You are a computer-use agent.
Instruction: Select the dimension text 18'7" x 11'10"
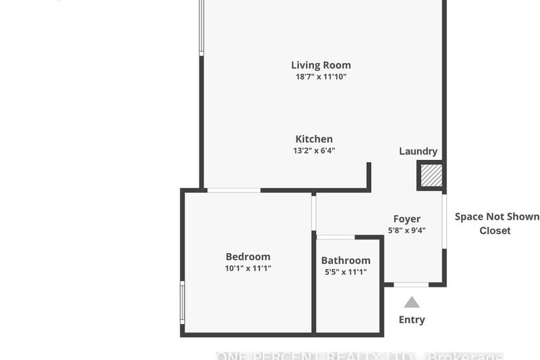pos(321,77)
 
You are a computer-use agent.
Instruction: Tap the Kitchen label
pos(314,139)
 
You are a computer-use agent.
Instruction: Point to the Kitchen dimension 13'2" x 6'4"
pos(314,150)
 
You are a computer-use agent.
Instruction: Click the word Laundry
pos(418,151)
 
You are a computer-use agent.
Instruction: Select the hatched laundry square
pos(431,175)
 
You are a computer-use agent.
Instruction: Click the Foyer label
pos(407,219)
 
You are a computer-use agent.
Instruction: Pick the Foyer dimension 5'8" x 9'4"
pos(407,230)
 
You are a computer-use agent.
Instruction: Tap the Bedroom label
pos(248,256)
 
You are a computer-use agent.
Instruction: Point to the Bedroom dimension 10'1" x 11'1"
pos(248,268)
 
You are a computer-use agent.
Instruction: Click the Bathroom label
pos(346,261)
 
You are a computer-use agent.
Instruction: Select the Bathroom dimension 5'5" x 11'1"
pos(346,272)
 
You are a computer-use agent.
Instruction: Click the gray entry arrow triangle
pos(412,302)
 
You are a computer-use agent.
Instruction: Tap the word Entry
pos(412,320)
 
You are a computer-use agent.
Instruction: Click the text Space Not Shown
pos(497,217)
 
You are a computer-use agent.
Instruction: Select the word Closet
pos(495,230)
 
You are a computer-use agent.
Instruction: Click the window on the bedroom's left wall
pos(182,302)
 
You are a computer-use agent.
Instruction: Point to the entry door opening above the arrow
pos(411,285)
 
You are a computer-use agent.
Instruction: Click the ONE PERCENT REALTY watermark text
pos(358,355)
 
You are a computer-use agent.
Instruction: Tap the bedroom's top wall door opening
pos(234,190)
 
